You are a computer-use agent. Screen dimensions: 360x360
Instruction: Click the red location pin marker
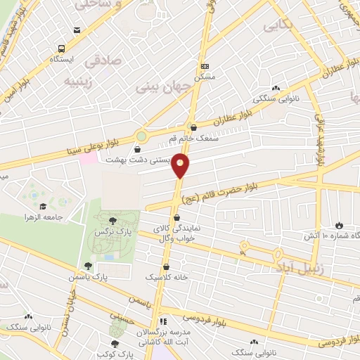(181, 165)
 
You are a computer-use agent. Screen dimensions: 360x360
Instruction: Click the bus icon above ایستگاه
(63, 49)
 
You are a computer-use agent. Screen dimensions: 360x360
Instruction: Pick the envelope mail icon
(76, 30)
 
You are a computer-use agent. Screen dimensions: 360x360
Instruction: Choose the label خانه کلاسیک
(167, 278)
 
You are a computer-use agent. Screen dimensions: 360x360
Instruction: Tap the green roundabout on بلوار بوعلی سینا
(142, 136)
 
